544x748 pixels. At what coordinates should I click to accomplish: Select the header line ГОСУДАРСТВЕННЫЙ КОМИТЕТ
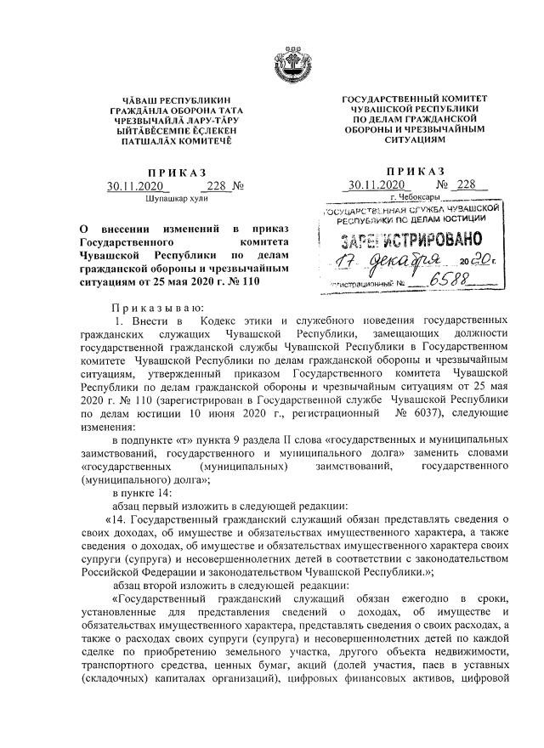[415, 99]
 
